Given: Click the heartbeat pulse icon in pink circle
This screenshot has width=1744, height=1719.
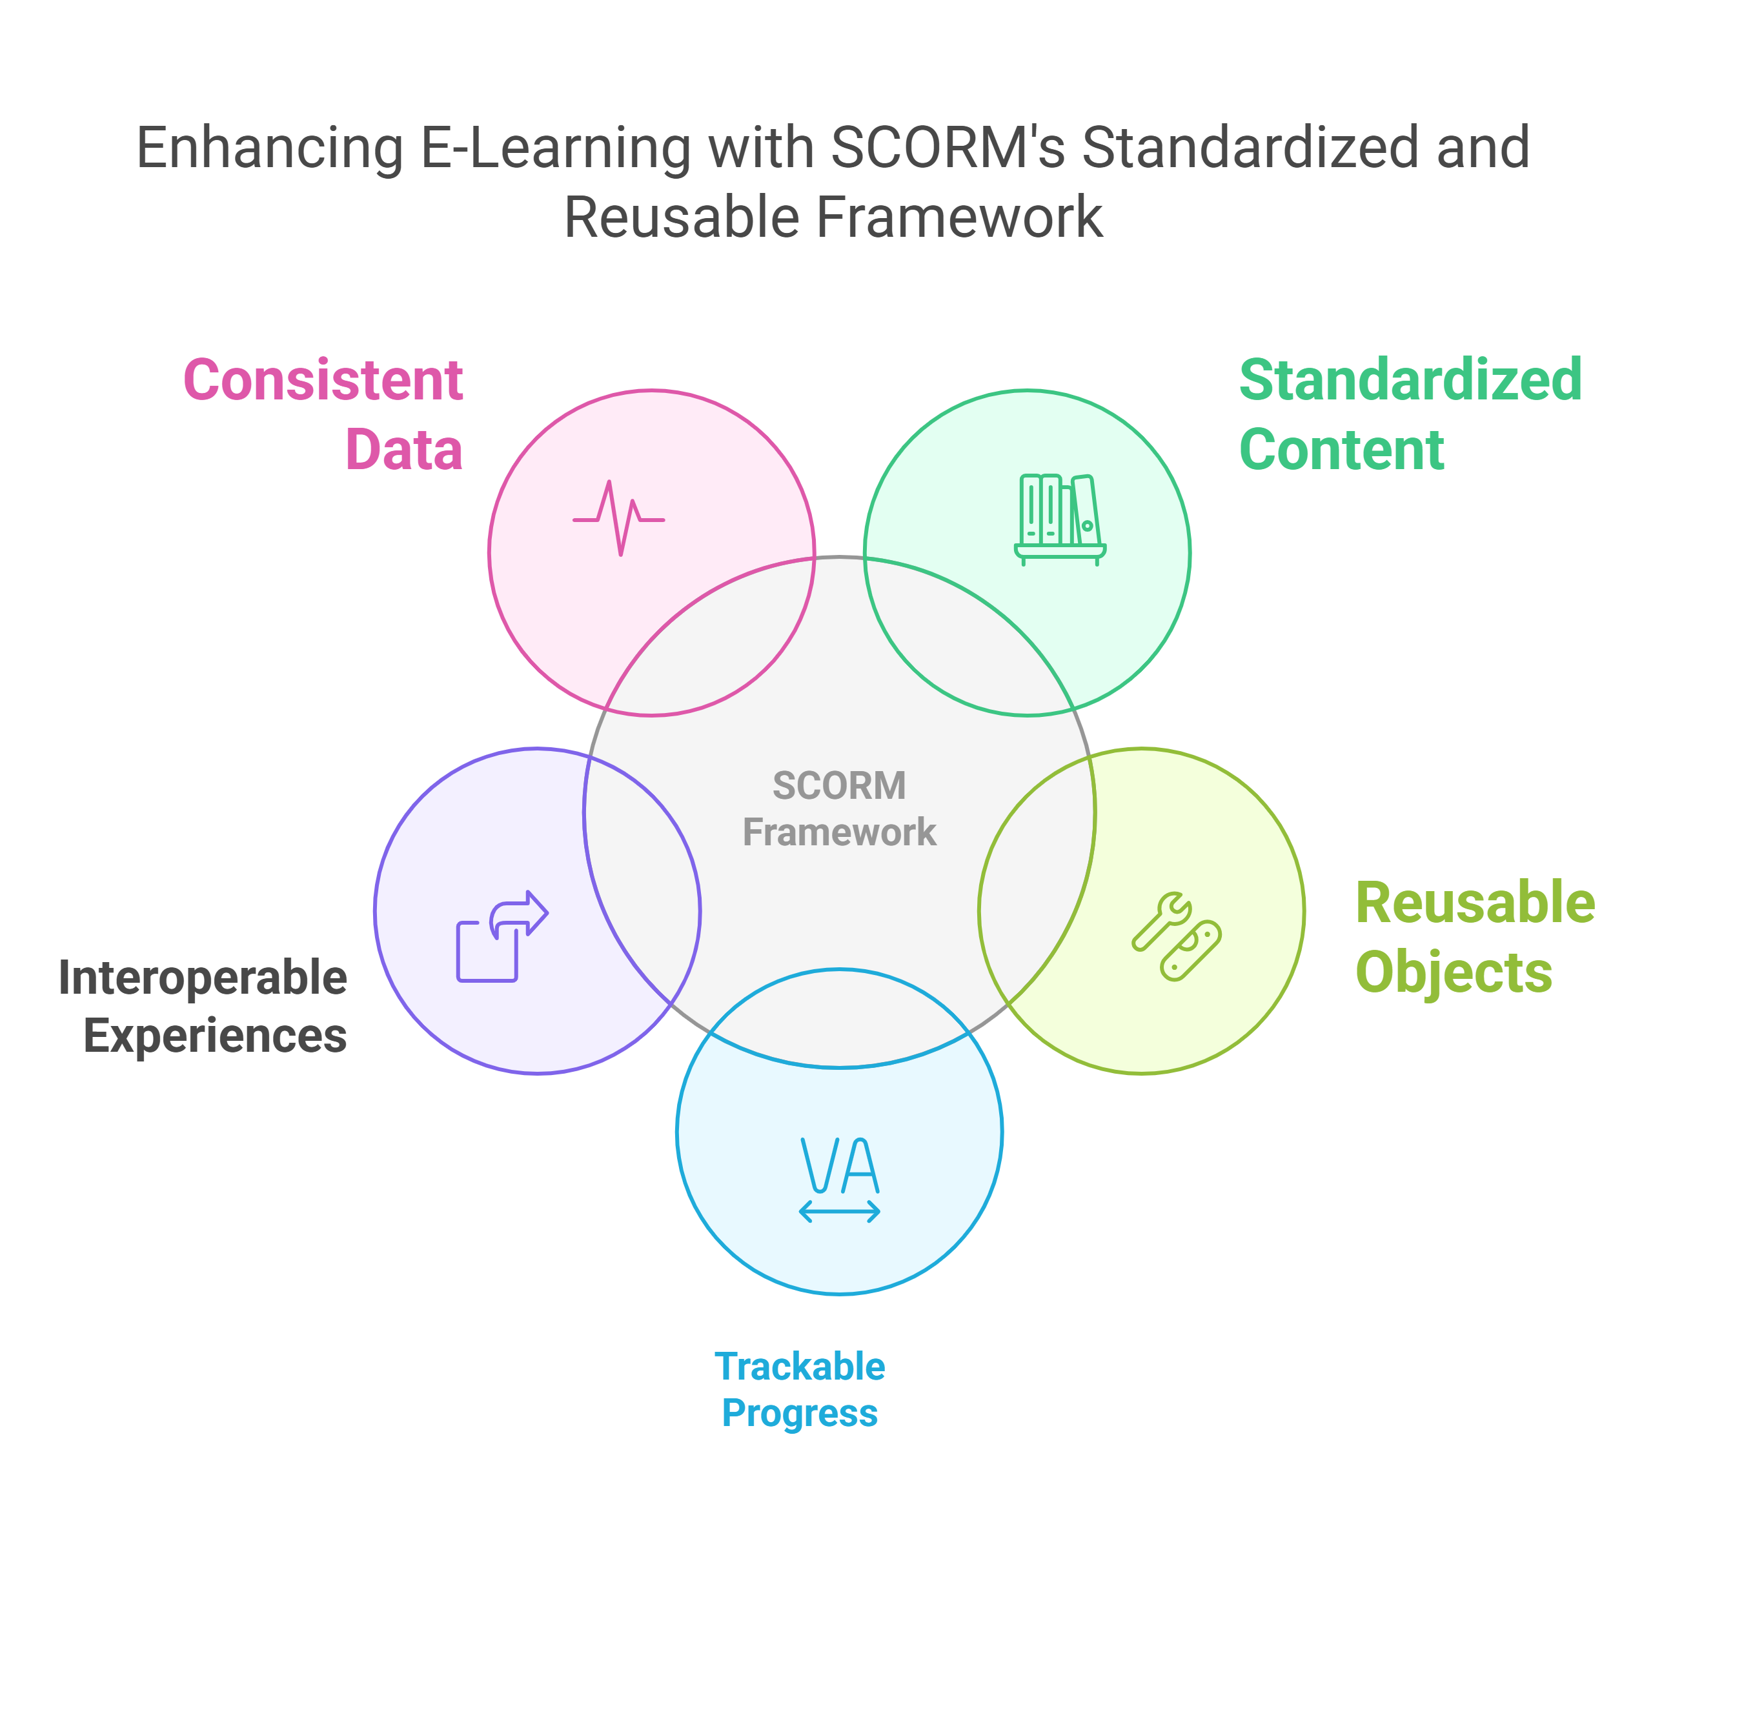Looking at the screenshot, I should tap(619, 518).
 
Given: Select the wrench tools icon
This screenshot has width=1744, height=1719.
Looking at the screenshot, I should tap(1176, 937).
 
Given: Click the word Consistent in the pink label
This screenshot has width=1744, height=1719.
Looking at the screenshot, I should tap(323, 380).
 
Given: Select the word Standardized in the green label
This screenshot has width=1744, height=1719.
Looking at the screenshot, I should tap(1410, 380).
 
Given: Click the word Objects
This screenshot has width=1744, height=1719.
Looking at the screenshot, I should tap(1454, 973).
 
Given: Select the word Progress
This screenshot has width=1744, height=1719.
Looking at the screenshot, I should tap(800, 1413).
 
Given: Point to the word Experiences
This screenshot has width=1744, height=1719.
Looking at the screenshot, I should tap(215, 1036).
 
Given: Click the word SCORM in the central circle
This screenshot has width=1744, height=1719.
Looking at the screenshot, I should tap(840, 786).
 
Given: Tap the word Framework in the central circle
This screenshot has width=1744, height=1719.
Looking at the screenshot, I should tap(840, 832).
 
